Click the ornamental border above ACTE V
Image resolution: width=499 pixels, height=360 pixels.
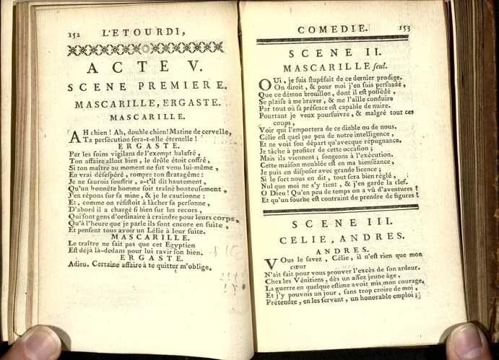pyautogui.click(x=144, y=48)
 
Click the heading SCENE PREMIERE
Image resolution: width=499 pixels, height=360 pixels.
pyautogui.click(x=147, y=87)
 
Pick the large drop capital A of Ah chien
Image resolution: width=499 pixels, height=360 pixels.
pyautogui.click(x=76, y=136)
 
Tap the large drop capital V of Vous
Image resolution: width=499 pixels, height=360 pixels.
pyautogui.click(x=270, y=264)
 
